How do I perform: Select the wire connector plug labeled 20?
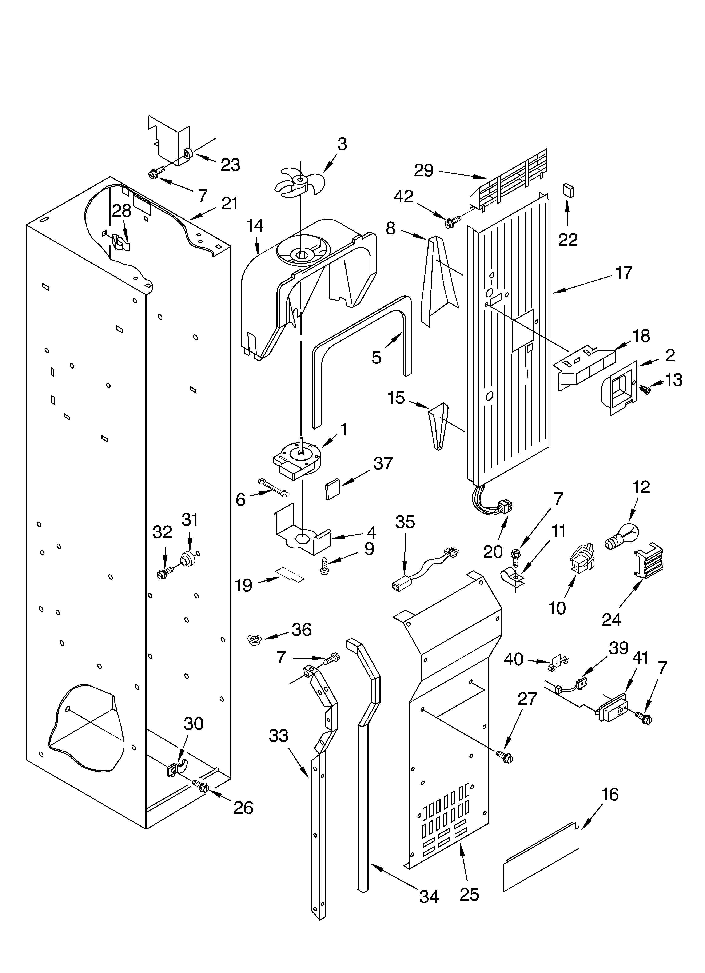[503, 507]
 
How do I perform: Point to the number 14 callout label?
[255, 225]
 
